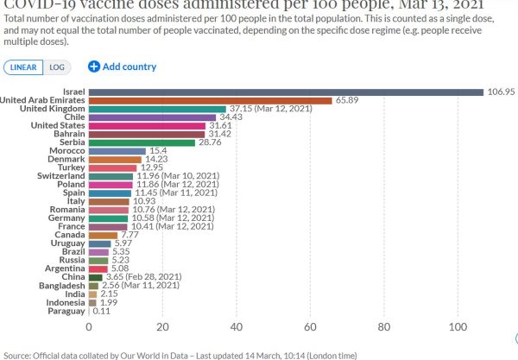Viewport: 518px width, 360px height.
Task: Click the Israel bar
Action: click(x=285, y=92)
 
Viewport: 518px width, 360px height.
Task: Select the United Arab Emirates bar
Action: click(x=210, y=100)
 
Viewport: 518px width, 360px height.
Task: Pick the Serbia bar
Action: click(x=142, y=142)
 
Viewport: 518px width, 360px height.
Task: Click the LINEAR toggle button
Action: click(x=22, y=66)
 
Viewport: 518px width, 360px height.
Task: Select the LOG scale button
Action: click(x=57, y=66)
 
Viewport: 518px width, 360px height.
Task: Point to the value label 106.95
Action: click(x=502, y=92)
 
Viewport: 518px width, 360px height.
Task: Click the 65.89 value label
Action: click(x=349, y=100)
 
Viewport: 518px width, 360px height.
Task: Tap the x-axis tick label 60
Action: click(x=309, y=326)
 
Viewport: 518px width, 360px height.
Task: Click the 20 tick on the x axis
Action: click(x=162, y=326)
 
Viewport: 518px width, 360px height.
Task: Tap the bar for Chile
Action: click(x=152, y=117)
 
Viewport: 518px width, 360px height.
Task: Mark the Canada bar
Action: click(x=103, y=235)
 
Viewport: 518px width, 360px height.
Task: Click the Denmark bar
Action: click(x=115, y=159)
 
